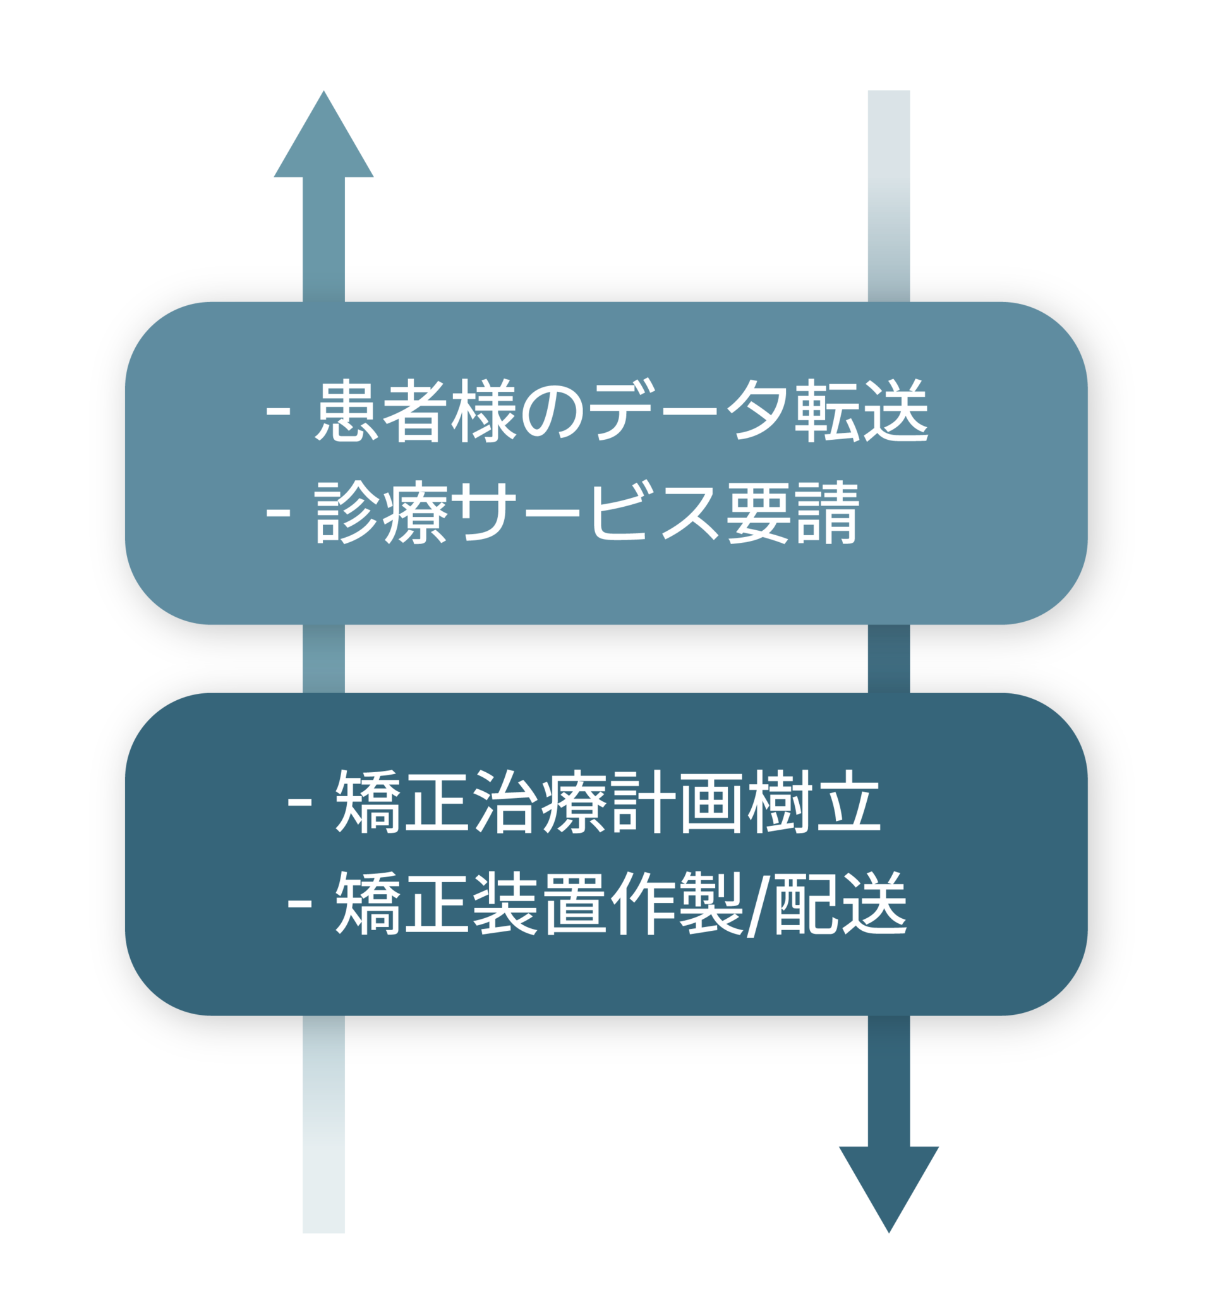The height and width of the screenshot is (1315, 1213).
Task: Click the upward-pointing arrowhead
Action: (x=323, y=134)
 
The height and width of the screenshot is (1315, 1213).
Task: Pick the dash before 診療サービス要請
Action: (x=279, y=513)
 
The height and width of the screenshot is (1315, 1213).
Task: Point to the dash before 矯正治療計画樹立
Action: (x=299, y=803)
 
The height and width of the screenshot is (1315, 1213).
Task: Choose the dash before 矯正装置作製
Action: (x=299, y=904)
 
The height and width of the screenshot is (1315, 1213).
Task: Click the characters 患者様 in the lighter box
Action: (x=416, y=410)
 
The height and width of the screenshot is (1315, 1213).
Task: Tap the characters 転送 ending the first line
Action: (x=862, y=410)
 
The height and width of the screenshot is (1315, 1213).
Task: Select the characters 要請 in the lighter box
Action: (x=793, y=512)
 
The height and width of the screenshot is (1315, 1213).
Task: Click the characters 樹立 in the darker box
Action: (x=814, y=802)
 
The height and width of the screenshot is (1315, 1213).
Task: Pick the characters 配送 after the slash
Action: (x=842, y=904)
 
